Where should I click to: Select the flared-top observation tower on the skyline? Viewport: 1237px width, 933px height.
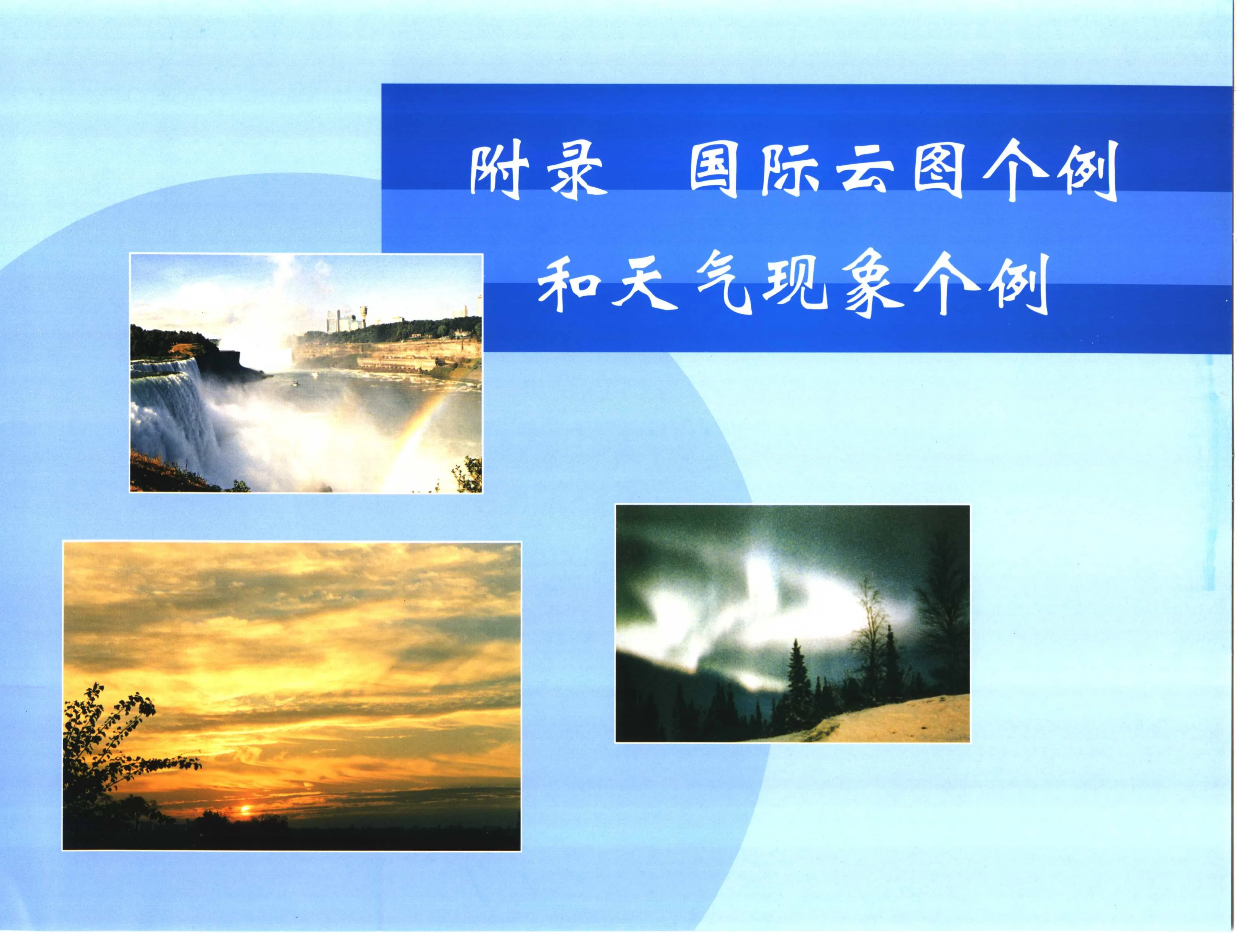[363, 315]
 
